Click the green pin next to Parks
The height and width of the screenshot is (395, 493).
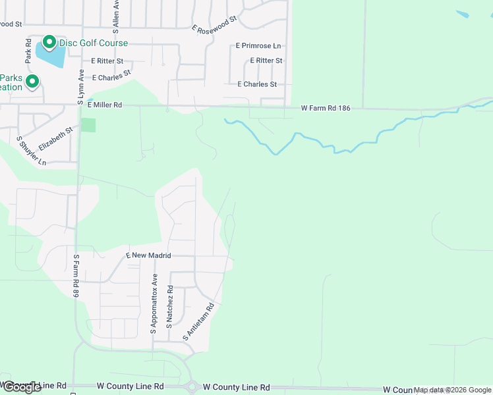(x=32, y=82)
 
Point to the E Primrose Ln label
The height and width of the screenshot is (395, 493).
(x=258, y=46)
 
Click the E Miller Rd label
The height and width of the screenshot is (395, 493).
(x=105, y=105)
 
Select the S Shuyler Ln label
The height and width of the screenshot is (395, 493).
(x=32, y=151)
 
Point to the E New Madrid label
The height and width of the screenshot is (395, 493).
(x=148, y=255)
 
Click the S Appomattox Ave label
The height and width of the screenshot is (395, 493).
(x=154, y=304)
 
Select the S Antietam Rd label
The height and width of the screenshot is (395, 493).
(x=200, y=321)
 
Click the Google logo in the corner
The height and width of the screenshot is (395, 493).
(x=21, y=387)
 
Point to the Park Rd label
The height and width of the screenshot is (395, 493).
(x=28, y=51)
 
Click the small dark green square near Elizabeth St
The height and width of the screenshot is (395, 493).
(x=88, y=125)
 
